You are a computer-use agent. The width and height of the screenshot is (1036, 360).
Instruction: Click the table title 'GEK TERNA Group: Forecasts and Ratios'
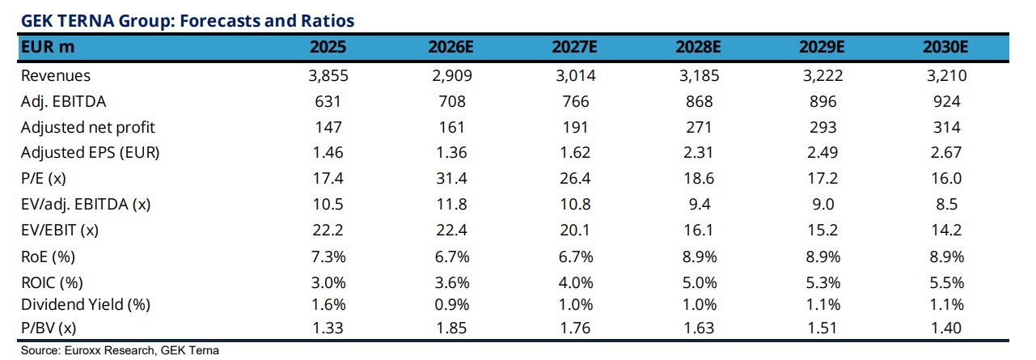(x=188, y=21)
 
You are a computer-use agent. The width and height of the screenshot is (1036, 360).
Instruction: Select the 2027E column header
(x=574, y=47)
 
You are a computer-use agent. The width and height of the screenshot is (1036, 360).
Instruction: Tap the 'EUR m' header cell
(x=48, y=47)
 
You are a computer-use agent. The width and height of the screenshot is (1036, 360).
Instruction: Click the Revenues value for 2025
(x=328, y=75)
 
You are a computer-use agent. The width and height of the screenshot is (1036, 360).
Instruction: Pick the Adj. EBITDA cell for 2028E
(x=700, y=101)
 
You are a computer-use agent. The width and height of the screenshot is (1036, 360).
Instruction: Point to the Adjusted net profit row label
(x=88, y=127)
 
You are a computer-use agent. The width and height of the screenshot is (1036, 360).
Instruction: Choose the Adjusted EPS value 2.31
(x=699, y=152)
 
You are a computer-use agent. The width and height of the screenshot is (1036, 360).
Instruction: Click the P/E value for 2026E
(x=451, y=178)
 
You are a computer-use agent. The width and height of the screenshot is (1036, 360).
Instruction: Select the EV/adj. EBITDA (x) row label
(x=86, y=204)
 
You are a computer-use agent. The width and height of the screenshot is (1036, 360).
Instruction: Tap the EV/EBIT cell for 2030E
(x=946, y=230)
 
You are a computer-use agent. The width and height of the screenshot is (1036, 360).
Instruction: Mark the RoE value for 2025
(x=328, y=256)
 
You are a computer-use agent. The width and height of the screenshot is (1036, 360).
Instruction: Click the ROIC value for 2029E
(x=823, y=282)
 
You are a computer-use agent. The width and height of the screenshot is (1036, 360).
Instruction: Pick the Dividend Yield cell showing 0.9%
(x=452, y=304)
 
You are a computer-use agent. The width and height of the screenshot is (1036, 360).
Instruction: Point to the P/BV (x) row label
(x=49, y=328)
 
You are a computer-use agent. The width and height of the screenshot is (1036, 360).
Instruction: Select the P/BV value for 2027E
(x=575, y=328)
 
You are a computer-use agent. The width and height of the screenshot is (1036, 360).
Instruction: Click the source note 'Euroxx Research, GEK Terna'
(x=142, y=350)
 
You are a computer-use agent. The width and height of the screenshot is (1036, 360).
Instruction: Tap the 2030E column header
(x=945, y=47)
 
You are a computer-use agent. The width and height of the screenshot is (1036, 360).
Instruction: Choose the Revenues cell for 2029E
(x=822, y=75)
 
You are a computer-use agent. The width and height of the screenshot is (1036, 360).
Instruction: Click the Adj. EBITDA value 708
(x=452, y=101)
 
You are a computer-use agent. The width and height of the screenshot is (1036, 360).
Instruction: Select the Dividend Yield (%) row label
(x=86, y=304)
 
